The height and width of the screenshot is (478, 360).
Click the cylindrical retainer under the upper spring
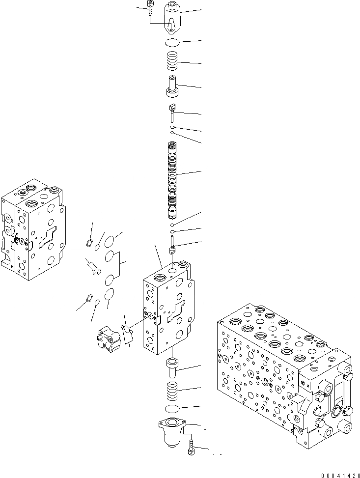172,87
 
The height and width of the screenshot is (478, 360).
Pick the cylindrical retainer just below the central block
173,368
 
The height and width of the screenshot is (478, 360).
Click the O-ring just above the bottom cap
173,409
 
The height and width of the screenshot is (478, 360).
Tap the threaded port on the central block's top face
183,266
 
